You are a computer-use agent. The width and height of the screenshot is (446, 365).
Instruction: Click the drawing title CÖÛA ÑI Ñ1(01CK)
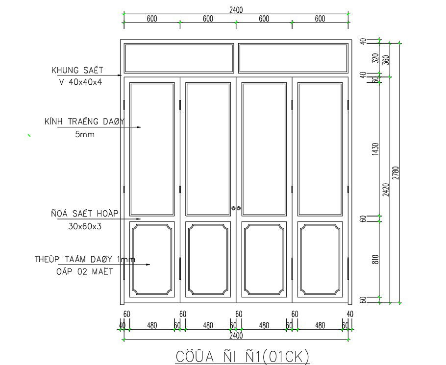click(243, 356)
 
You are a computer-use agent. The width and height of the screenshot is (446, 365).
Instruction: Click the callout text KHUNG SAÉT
click(77, 70)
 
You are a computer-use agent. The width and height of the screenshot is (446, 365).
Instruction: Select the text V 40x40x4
click(80, 82)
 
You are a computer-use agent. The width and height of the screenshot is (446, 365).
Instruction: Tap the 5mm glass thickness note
click(84, 134)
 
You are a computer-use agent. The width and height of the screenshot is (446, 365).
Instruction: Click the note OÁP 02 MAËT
click(84, 271)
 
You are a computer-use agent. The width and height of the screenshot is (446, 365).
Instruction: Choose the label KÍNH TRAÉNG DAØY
click(84, 122)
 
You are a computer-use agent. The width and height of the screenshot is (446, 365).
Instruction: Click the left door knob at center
click(234, 208)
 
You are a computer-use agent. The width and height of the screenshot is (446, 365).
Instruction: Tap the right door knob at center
click(240, 208)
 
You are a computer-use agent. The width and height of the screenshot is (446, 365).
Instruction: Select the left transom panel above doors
click(179, 58)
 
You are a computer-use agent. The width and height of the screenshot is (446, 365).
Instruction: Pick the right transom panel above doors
click(292, 58)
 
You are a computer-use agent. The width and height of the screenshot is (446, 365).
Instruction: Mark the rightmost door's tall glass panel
click(320, 149)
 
